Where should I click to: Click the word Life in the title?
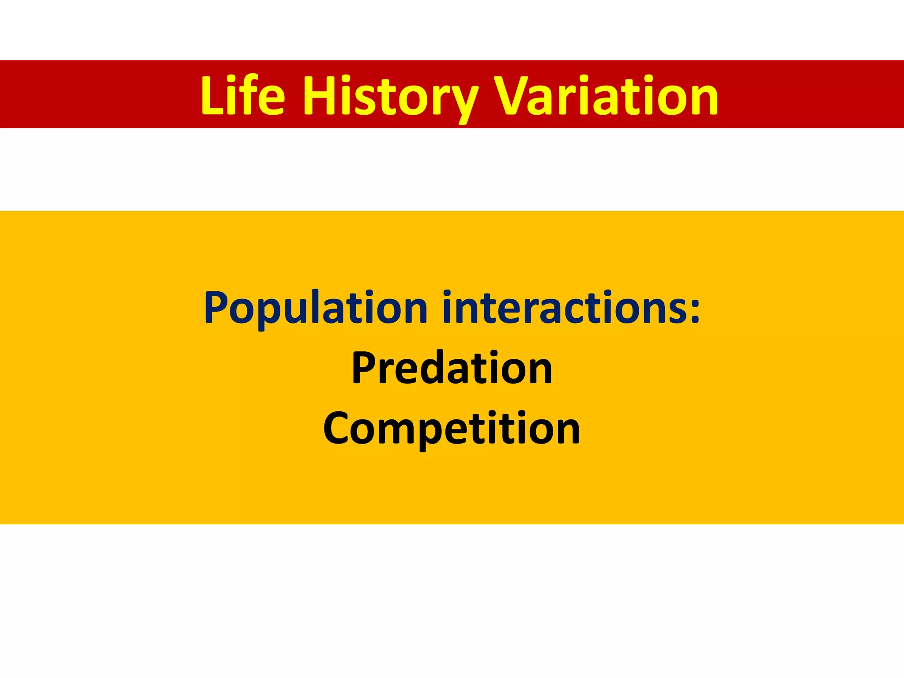[242, 96]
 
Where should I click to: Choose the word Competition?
[452, 428]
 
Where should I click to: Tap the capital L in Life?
[212, 96]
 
